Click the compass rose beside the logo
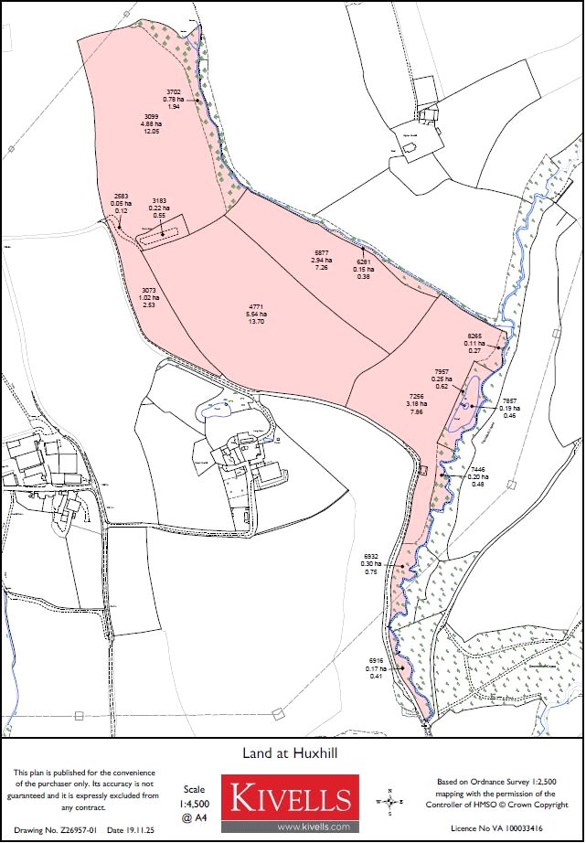click(390, 802)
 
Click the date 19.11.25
click(127, 829)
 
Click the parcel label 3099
click(153, 116)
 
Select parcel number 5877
click(321, 252)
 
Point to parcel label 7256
click(416, 396)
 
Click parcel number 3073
click(149, 290)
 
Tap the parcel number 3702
click(173, 92)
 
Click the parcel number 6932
click(371, 556)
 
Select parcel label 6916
click(376, 660)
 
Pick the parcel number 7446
click(477, 468)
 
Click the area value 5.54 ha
click(255, 315)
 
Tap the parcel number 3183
click(159, 201)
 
